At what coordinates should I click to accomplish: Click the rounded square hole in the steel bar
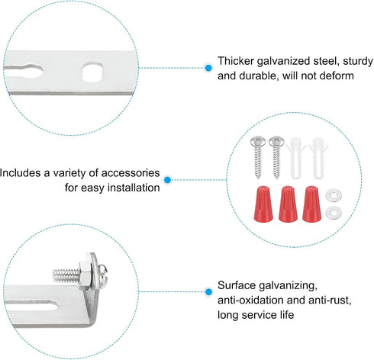[x=92, y=72]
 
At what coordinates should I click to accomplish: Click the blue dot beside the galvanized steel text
[x=208, y=68]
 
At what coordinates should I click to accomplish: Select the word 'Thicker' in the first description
[x=236, y=61]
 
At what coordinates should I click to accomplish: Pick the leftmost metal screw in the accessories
[x=258, y=157]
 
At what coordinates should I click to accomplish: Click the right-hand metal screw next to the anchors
[x=276, y=157]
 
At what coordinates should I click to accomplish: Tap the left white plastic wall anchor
[x=295, y=158]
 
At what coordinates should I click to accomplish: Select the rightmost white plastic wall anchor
[x=318, y=158]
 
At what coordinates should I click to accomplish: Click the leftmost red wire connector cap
[x=263, y=204]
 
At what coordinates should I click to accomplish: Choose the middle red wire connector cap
[x=288, y=204]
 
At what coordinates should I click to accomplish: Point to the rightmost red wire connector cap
[x=311, y=204]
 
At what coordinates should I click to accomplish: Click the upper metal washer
[x=334, y=196]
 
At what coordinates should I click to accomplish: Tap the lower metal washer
[x=334, y=213]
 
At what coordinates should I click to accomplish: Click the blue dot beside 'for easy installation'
[x=167, y=180]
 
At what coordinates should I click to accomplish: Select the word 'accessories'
[x=131, y=173]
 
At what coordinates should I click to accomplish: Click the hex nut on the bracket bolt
[x=85, y=275]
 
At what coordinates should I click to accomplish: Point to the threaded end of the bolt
[x=66, y=275]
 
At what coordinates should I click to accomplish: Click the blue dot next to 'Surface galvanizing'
[x=208, y=291]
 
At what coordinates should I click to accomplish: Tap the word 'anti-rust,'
[x=330, y=301]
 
